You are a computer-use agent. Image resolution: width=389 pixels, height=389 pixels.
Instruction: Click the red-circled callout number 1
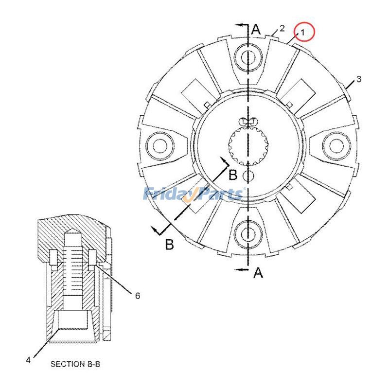[x=302, y=33]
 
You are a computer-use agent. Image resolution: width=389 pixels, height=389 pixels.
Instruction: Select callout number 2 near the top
[x=282, y=28]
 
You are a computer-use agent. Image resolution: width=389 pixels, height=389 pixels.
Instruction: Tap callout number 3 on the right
[x=359, y=79]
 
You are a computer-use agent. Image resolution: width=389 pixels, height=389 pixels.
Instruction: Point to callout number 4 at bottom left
[x=28, y=360]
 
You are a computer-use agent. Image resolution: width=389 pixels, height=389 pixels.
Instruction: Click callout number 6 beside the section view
[x=137, y=296]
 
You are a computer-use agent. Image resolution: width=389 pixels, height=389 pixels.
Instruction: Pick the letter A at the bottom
[x=259, y=273]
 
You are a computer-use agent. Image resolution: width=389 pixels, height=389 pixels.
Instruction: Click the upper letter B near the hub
[x=233, y=174]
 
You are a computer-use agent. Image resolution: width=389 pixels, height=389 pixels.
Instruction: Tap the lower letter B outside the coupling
[x=169, y=244]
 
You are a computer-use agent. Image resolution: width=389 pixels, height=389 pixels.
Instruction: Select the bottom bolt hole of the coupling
[x=249, y=234]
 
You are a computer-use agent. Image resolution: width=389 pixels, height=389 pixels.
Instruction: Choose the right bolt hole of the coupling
[x=338, y=144]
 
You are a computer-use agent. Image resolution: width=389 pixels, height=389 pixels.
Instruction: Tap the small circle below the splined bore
[x=249, y=175]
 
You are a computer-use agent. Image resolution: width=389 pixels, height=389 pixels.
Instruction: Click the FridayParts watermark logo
[x=194, y=194]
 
